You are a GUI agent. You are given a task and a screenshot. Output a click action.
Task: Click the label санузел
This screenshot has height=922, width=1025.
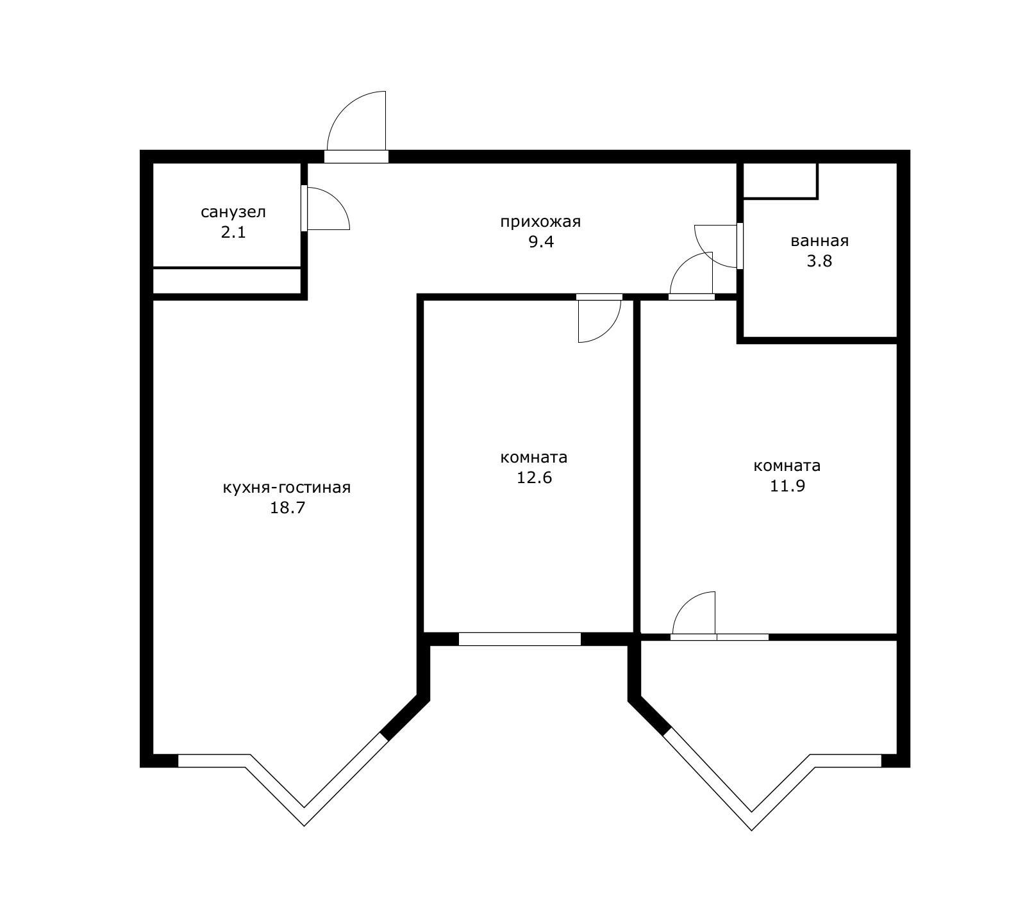click(233, 212)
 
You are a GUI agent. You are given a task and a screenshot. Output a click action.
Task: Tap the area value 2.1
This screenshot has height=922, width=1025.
click(233, 232)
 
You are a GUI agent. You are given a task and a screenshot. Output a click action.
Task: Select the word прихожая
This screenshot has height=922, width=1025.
click(540, 222)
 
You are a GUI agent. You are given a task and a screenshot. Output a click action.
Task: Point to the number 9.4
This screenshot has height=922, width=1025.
click(541, 242)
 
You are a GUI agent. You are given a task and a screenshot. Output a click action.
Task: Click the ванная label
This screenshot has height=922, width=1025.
click(819, 242)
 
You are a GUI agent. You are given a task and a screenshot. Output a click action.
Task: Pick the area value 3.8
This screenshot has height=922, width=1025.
click(820, 261)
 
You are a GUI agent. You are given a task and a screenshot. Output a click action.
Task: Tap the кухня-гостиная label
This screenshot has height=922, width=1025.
click(287, 488)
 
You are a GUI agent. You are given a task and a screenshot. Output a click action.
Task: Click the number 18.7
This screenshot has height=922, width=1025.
click(287, 508)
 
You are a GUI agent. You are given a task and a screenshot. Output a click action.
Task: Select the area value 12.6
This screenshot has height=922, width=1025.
click(535, 478)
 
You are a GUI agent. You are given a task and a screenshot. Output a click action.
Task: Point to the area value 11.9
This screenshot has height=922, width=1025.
click(787, 486)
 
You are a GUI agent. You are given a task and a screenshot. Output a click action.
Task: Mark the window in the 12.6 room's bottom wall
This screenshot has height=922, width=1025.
click(520, 639)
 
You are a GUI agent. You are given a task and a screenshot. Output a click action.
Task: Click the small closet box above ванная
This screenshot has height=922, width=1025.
click(780, 181)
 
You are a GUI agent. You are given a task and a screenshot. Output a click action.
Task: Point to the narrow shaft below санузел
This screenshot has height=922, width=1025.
click(227, 281)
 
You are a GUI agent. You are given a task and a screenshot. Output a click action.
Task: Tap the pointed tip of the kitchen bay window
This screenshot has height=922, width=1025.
click(304, 825)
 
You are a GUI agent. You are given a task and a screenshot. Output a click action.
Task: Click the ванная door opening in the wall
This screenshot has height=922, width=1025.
click(740, 245)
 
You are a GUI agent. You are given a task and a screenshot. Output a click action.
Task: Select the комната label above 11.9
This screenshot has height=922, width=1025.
click(787, 466)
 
